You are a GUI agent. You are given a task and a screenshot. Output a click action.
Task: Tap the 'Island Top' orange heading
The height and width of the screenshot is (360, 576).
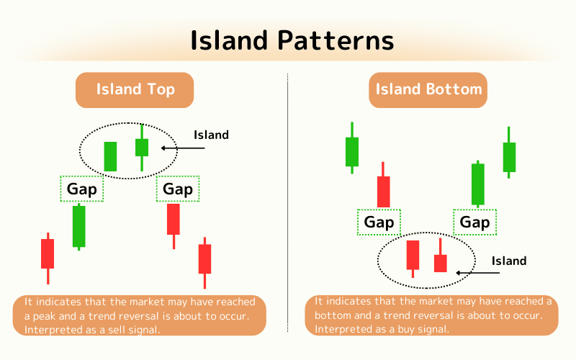(135, 90)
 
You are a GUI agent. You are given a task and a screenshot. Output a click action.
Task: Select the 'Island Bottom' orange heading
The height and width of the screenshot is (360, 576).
(428, 90)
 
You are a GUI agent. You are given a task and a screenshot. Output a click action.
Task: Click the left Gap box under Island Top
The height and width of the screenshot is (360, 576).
(81, 189)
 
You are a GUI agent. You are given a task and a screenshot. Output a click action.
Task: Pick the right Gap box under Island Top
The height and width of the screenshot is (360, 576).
(178, 189)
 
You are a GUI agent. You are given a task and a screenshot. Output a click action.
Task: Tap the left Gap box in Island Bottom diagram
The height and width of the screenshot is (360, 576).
(379, 222)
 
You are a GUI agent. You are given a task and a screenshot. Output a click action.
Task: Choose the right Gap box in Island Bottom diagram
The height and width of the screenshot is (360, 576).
(474, 222)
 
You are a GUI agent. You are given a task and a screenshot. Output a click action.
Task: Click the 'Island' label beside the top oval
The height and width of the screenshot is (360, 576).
(211, 135)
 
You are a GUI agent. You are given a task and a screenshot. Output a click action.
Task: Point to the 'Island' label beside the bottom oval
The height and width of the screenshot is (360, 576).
(508, 261)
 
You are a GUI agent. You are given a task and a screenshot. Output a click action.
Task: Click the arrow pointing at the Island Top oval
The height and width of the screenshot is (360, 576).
(183, 148)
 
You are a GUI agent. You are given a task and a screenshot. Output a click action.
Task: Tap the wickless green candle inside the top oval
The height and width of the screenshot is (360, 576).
(110, 156)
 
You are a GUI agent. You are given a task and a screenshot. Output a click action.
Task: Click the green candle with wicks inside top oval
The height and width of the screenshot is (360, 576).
(142, 147)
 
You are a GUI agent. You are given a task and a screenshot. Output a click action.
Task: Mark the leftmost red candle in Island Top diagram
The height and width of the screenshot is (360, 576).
(48, 254)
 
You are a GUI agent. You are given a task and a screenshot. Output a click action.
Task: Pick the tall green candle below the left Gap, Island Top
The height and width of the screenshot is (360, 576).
(79, 226)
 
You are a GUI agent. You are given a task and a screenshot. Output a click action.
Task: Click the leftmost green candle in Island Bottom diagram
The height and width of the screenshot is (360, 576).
(352, 151)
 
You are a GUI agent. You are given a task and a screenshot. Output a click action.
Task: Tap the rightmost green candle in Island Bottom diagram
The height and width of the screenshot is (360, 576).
(509, 156)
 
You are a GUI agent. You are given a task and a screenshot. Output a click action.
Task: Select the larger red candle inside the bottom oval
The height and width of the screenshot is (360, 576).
(413, 255)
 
